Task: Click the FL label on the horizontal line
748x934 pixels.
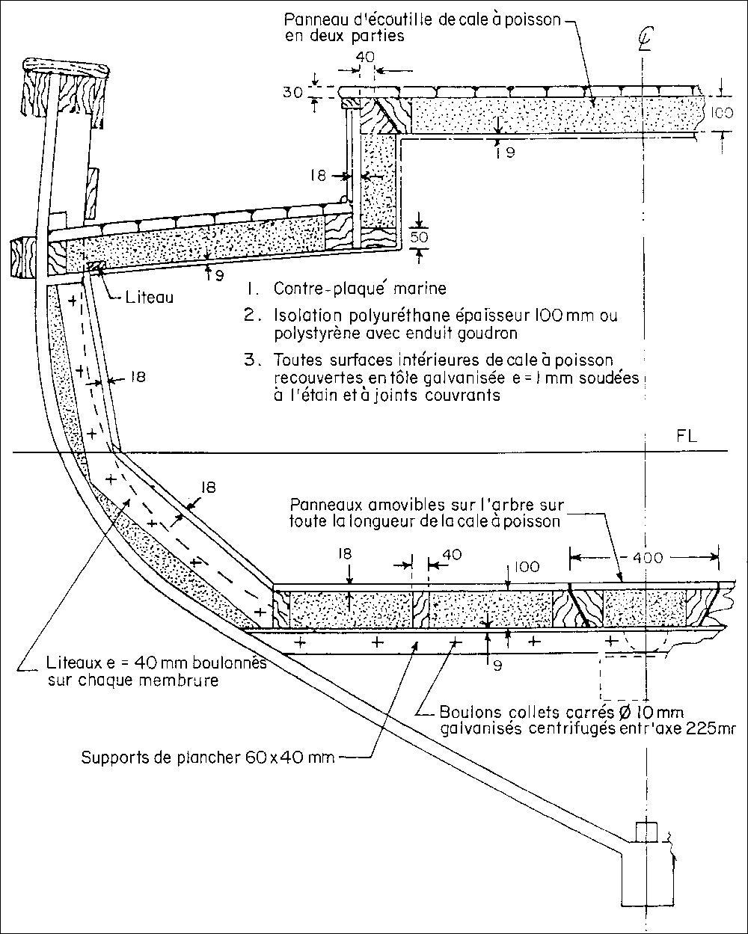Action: pyautogui.click(x=686, y=437)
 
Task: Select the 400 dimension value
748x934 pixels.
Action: pyautogui.click(x=645, y=557)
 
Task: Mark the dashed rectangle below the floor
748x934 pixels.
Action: pyautogui.click(x=627, y=677)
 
